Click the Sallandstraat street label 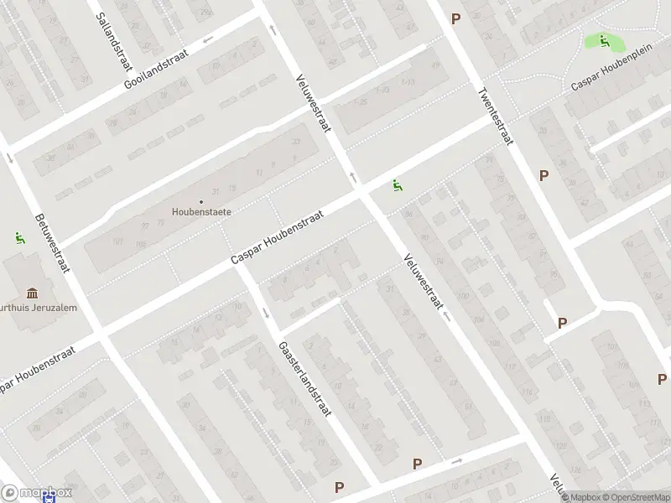pyautogui.click(x=112, y=31)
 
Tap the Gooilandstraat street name pyautogui.click(x=156, y=68)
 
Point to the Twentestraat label pyautogui.click(x=494, y=117)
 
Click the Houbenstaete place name pyautogui.click(x=202, y=212)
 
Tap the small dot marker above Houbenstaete pyautogui.click(x=201, y=201)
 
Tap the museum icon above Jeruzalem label pyautogui.click(x=32, y=293)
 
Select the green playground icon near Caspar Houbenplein pyautogui.click(x=604, y=40)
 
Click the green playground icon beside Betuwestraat pyautogui.click(x=19, y=238)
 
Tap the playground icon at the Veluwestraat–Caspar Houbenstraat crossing pyautogui.click(x=397, y=185)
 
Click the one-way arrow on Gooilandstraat pyautogui.click(x=207, y=39)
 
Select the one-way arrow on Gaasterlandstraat pyautogui.click(x=266, y=313)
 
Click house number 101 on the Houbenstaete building pyautogui.click(x=118, y=241)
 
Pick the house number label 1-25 pyautogui.click(x=361, y=102)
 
